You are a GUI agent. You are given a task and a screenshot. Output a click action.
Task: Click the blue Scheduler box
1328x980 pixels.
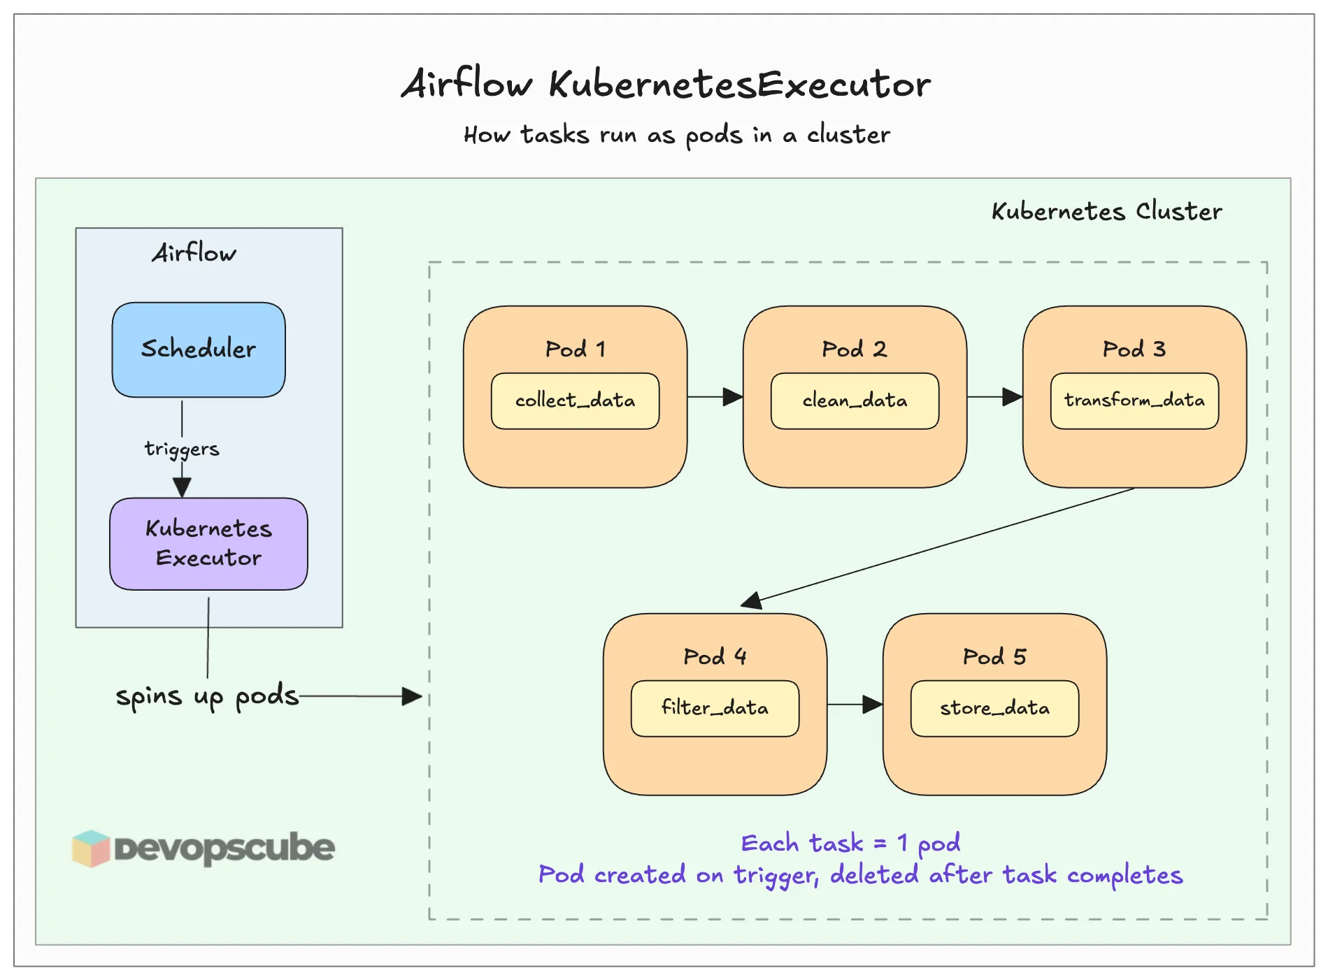[x=199, y=350]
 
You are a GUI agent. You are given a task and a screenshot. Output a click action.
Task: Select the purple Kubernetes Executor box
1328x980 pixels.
[x=208, y=543]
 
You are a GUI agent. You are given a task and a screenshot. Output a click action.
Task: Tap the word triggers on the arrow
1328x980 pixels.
[x=182, y=448]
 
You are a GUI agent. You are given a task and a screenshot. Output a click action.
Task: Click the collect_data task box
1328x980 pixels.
[x=575, y=401]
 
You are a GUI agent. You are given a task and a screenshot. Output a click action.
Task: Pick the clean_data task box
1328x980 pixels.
[x=855, y=401]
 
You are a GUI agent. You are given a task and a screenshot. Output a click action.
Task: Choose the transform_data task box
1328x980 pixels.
[x=1134, y=401]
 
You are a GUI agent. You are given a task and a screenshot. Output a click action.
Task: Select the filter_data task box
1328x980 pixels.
[x=715, y=708]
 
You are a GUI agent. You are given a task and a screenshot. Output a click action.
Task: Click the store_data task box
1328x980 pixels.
[x=994, y=708]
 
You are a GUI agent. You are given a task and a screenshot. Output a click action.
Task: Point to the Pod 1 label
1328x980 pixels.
[x=575, y=349]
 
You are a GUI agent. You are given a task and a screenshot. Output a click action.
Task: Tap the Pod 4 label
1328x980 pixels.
[x=715, y=656]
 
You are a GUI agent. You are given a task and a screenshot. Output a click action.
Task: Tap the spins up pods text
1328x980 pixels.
[x=207, y=696]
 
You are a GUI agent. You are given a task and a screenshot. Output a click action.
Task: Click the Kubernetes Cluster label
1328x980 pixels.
[x=1106, y=211]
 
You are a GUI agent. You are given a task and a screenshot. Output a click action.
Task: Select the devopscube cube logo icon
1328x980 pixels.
[x=91, y=848]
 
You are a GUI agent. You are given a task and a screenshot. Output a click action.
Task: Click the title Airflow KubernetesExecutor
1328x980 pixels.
[x=665, y=85]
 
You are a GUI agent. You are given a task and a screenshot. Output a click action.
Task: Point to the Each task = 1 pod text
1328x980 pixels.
[x=850, y=843]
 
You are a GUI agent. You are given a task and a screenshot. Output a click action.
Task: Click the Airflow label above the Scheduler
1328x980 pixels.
[x=194, y=253]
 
